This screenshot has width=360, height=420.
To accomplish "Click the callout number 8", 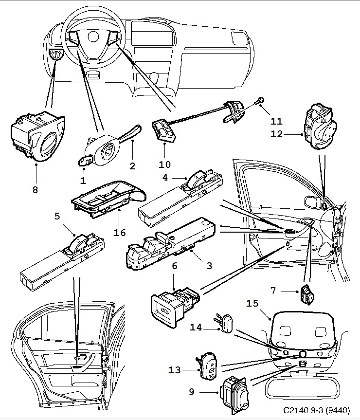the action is tap(35, 190).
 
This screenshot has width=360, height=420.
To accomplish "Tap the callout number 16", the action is tap(119, 233).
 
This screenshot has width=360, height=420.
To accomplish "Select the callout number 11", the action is tap(276, 121).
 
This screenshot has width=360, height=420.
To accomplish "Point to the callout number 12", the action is tap(276, 134).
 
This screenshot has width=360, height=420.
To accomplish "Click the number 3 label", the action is tap(209, 266).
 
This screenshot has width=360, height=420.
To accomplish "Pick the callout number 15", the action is tap(252, 303).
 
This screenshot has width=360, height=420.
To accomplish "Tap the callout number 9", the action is tap(192, 392).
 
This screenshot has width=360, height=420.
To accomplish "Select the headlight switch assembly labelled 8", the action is tap(37, 137).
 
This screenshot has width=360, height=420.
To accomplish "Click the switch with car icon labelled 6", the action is tap(175, 306).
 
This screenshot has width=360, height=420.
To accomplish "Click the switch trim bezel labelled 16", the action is tap(108, 198).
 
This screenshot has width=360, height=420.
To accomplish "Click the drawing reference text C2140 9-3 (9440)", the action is tap(316, 410).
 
